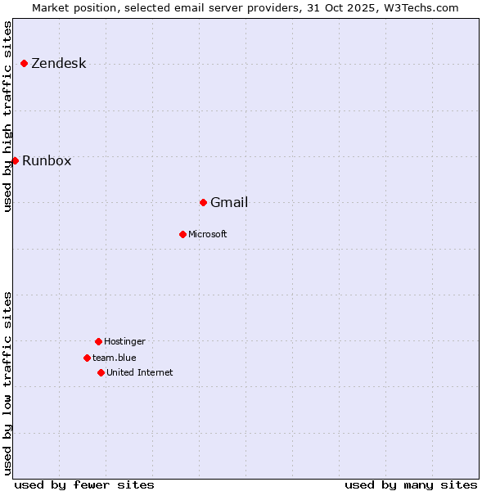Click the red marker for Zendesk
point(25,63)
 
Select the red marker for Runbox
point(15,160)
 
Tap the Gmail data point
point(203,202)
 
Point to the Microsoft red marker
point(182,234)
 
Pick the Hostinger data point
point(98,341)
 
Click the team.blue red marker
point(87,358)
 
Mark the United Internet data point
point(101,372)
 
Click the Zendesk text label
point(58,64)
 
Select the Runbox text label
point(47,161)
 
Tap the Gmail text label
point(229,203)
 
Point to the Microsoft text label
point(208,235)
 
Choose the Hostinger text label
point(124,342)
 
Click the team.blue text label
point(115,358)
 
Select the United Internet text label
point(140,373)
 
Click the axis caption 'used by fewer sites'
point(84,484)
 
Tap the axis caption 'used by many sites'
point(411,484)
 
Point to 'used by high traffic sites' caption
point(8,116)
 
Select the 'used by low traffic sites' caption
point(8,383)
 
